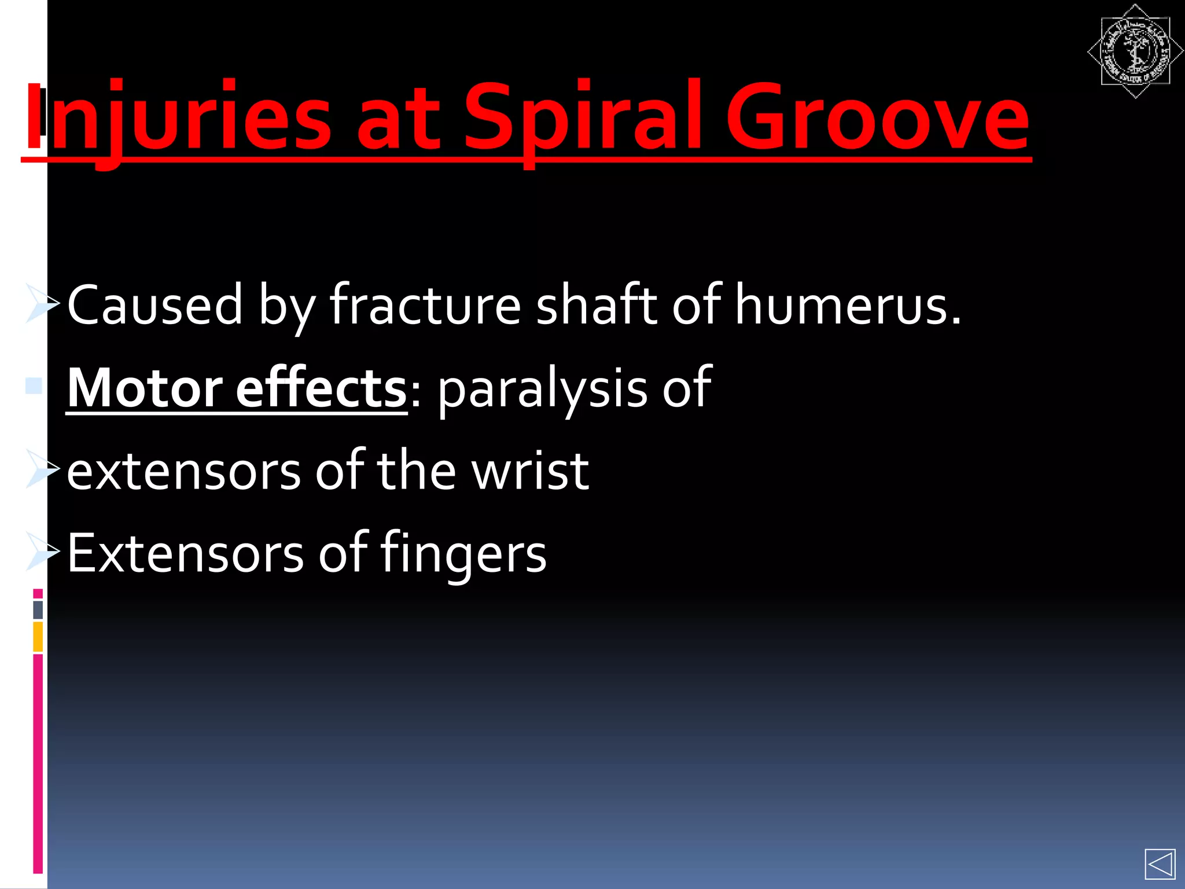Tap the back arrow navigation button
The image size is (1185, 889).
(x=1160, y=865)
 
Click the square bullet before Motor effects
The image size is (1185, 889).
(x=34, y=385)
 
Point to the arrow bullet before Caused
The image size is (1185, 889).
(x=42, y=303)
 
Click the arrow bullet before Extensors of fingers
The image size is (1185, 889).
(x=42, y=552)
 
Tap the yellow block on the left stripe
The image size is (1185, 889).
(x=38, y=636)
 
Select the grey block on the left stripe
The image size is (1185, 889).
(x=38, y=610)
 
